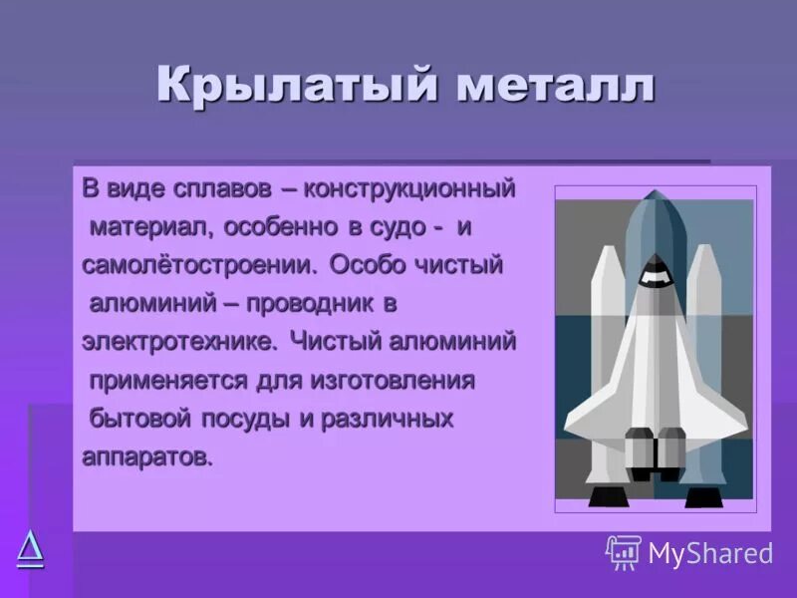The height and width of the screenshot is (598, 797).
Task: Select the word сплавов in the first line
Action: (215, 188)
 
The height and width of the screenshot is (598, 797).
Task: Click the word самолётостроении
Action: (199, 266)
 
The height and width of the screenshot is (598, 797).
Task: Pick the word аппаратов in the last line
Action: (146, 457)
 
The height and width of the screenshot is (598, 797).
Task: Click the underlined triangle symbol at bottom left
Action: (30, 548)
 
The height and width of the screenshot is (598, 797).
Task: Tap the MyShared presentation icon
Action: (624, 552)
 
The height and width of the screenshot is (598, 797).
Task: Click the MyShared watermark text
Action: (709, 553)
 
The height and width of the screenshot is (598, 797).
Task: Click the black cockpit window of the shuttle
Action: (654, 266)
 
